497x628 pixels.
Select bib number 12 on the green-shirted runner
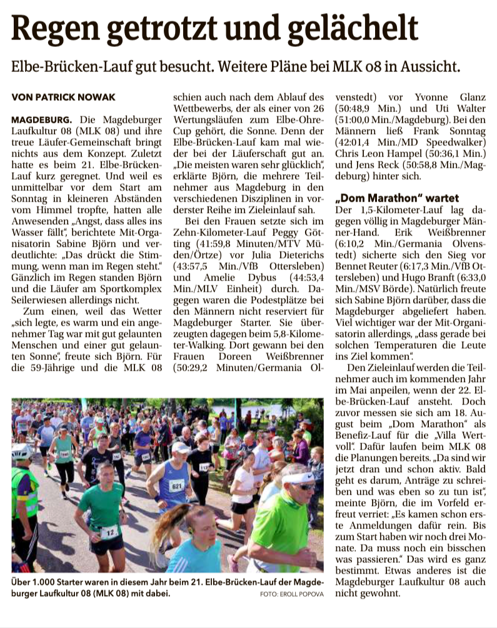[x=109, y=532]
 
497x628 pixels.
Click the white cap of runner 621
[x=181, y=447]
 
